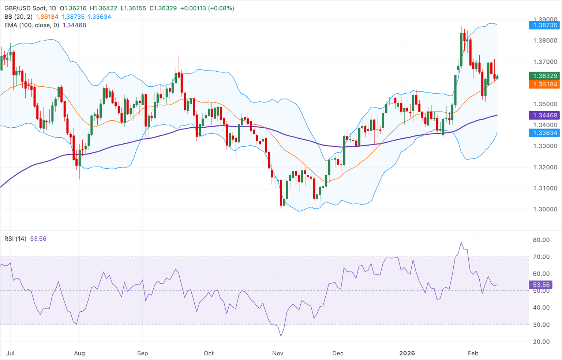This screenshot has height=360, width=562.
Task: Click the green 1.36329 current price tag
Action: tap(545, 76)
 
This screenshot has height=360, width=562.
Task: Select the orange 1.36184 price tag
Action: tap(545, 85)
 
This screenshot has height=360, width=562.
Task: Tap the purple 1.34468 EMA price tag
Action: tap(545, 115)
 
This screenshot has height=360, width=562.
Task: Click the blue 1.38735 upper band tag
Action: tap(545, 25)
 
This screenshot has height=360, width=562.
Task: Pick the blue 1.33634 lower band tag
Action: tap(545, 133)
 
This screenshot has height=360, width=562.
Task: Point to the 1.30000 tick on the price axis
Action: tap(545, 210)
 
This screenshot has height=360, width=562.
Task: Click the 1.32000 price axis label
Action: tap(545, 167)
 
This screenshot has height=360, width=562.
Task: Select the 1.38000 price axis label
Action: tap(545, 41)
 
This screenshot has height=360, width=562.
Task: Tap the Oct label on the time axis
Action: tap(209, 353)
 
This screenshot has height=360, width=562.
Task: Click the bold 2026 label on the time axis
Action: tap(407, 353)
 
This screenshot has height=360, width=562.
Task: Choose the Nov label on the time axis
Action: tap(278, 353)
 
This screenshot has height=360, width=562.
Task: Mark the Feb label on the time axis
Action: tap(473, 353)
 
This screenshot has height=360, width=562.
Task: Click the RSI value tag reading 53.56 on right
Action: tap(541, 285)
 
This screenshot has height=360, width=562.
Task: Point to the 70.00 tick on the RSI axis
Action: tap(541, 257)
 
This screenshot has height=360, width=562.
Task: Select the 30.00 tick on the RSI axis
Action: tap(541, 325)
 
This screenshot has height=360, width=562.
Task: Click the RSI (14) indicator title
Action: tap(15, 239)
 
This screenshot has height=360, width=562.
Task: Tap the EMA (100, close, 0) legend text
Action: tap(31, 25)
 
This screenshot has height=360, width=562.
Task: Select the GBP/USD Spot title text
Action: tap(25, 8)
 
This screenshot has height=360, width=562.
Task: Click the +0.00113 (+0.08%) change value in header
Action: tap(207, 8)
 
